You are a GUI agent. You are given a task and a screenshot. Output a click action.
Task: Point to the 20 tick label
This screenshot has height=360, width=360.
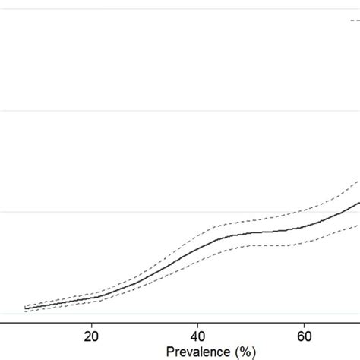(x=91, y=336)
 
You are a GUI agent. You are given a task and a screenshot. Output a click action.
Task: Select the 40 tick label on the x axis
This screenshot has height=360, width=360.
(x=197, y=336)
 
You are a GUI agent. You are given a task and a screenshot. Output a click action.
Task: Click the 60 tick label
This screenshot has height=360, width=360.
(x=304, y=336)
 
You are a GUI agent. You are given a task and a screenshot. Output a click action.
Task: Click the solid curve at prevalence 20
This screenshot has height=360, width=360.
(x=91, y=298)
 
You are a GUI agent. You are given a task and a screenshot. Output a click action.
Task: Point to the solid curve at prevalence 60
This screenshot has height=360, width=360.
(x=304, y=226)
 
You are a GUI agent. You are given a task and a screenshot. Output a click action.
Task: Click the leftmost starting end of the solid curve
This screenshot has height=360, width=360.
(x=24, y=308)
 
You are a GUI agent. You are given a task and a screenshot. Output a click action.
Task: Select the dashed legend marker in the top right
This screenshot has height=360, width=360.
(x=355, y=21)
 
